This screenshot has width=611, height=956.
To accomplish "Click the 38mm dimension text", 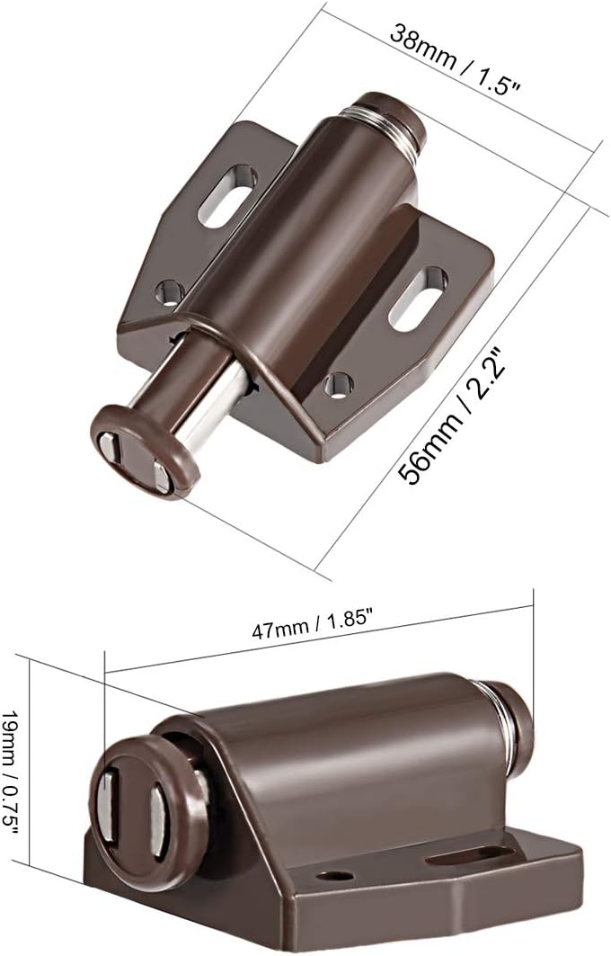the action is pyautogui.click(x=423, y=46).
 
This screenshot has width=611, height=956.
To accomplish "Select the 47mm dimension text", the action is pyautogui.click(x=282, y=629).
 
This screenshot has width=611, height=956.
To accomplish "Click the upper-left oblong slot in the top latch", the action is pyautogui.click(x=226, y=196).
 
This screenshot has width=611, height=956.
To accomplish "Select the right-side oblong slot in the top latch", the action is pyautogui.click(x=418, y=299).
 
